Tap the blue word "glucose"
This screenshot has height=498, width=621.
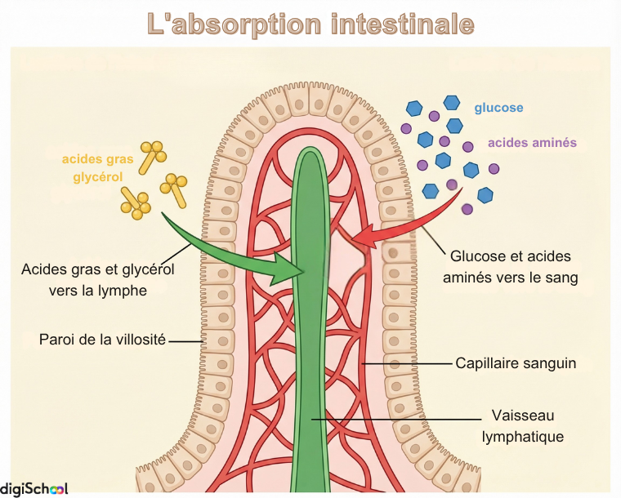tap(498, 108)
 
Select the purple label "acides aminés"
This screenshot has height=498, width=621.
tap(532, 142)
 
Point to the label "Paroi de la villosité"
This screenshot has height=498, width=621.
tap(102, 339)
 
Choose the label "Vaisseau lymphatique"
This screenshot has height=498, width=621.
tap(523, 425)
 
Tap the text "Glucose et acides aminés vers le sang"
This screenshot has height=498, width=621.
tap(510, 267)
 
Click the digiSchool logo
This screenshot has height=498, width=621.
tap(34, 488)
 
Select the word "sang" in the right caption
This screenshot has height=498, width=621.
tap(562, 278)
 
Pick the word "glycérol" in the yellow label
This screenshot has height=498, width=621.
tap(97, 177)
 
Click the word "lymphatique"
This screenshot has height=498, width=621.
tap(523, 437)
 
